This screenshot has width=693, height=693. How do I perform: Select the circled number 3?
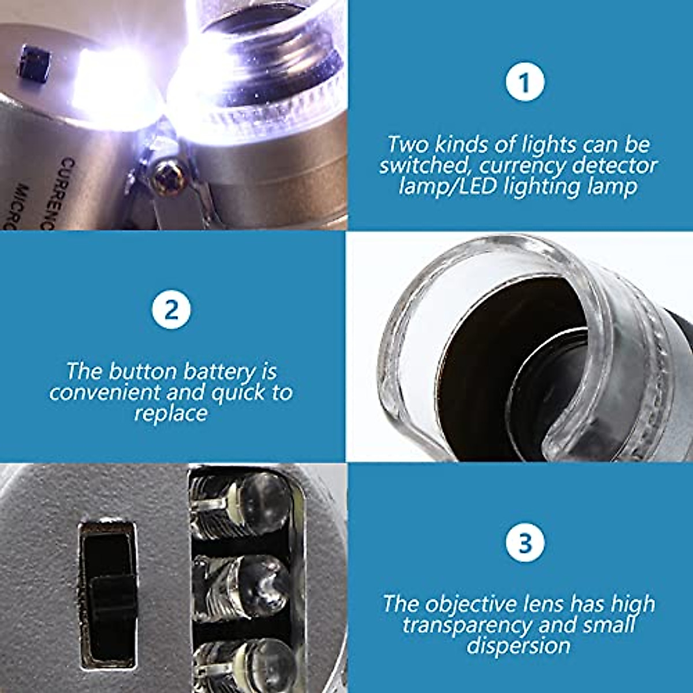524,543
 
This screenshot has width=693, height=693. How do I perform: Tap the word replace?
171,413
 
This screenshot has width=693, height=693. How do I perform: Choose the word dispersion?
518,646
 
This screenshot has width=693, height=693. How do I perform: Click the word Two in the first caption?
407,144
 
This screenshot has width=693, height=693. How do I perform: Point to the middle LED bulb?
254,583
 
